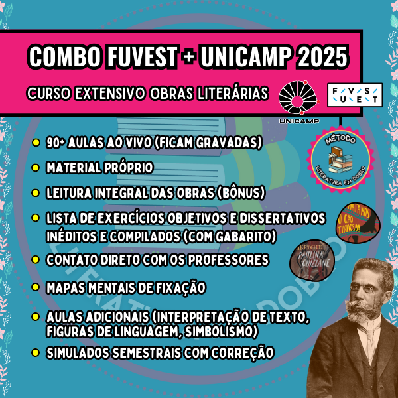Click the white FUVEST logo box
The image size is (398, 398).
[356, 94]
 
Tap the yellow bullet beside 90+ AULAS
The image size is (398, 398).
[34, 143]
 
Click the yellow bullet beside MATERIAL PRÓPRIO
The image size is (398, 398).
[34, 168]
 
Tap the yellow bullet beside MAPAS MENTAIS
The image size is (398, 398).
[34, 287]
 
